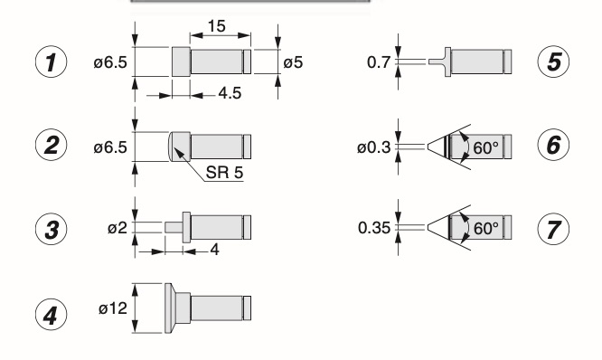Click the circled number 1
51,62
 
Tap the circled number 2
51,146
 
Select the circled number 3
51,229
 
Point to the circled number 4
51,314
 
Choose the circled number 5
553,62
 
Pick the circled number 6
553,145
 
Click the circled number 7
553,229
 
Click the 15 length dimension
217,26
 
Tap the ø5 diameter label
293,62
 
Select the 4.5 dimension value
230,93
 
